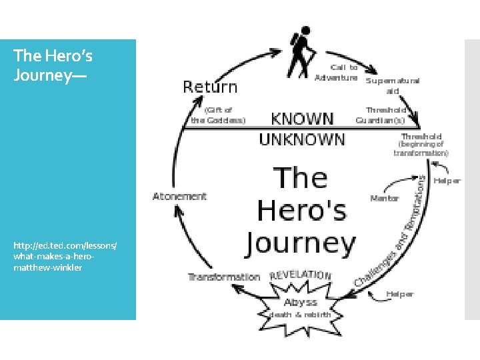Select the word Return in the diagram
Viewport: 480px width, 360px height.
[x=210, y=87]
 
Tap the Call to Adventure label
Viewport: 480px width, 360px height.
[x=337, y=72]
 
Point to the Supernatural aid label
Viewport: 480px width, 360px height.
[x=393, y=85]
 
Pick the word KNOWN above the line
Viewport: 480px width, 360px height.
[x=302, y=119]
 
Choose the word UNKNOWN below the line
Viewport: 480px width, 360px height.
[x=302, y=139]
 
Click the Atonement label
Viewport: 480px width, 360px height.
[x=180, y=197]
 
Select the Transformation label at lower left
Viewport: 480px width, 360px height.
[x=224, y=277]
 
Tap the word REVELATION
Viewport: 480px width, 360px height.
[x=300, y=274]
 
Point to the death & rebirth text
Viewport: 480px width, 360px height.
[x=299, y=315]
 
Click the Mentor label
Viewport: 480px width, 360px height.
[x=385, y=198]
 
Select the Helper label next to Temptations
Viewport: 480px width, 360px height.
[x=447, y=181]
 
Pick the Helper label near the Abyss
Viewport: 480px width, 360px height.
[x=399, y=293]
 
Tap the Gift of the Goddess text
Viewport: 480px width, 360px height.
[x=218, y=115]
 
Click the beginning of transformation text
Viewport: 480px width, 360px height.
[x=421, y=148]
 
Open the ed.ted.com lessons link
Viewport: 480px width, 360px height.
[x=65, y=257]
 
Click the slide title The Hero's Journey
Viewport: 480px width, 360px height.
[x=50, y=65]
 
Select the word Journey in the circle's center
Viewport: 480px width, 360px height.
[x=301, y=243]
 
